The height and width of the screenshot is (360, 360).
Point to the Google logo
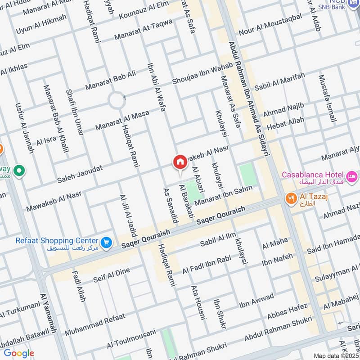click(18, 353)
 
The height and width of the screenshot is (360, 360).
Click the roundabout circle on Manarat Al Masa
click(117, 100)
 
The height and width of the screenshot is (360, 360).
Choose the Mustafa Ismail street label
click(327, 99)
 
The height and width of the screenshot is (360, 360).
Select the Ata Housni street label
click(198, 302)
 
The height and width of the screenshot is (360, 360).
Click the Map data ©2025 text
click(336, 355)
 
